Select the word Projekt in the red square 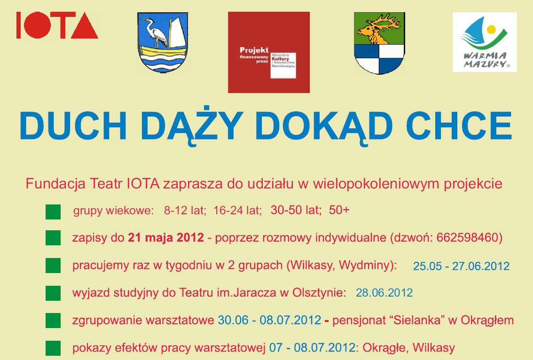coord(254,50)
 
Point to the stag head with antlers coord(379,29)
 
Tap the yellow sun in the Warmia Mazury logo coord(491,30)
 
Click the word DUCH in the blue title coord(73,125)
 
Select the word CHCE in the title coord(459,125)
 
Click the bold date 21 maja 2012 coord(166,237)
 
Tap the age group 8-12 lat coord(185,211)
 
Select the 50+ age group coord(339,210)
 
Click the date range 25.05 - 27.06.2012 coord(461,266)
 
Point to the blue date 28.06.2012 coord(384,293)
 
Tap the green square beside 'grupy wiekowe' coord(53,212)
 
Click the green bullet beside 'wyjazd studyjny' coord(53,293)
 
